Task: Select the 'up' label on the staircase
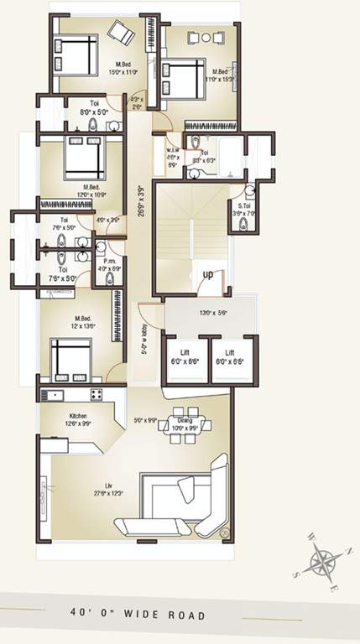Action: pos(206,275)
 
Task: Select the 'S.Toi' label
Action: pos(245,210)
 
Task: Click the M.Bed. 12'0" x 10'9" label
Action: pos(93,190)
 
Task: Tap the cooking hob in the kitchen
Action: pos(96,393)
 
